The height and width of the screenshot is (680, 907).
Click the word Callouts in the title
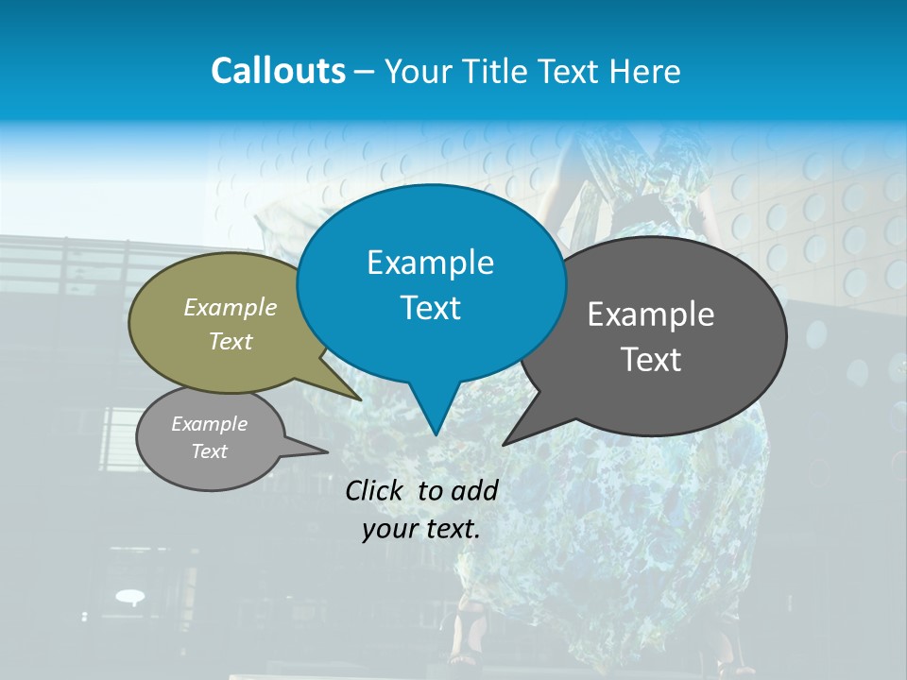(x=278, y=71)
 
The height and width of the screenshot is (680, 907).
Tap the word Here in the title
(x=642, y=71)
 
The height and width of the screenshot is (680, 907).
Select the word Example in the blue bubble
(x=430, y=262)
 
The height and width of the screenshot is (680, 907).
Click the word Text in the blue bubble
(x=430, y=308)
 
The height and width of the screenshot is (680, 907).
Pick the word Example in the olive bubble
(x=231, y=307)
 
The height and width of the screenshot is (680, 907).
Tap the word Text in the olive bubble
(x=231, y=341)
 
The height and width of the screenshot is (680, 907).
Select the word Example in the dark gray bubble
(x=651, y=314)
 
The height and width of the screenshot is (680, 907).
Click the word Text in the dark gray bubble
(x=651, y=359)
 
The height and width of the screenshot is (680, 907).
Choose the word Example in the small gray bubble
(x=209, y=424)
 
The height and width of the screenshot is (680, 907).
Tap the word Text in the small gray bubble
(x=209, y=451)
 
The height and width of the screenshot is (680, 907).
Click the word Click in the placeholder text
(x=376, y=490)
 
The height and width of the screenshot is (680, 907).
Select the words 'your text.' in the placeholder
(x=420, y=529)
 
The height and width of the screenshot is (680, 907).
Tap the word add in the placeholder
(x=474, y=490)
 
